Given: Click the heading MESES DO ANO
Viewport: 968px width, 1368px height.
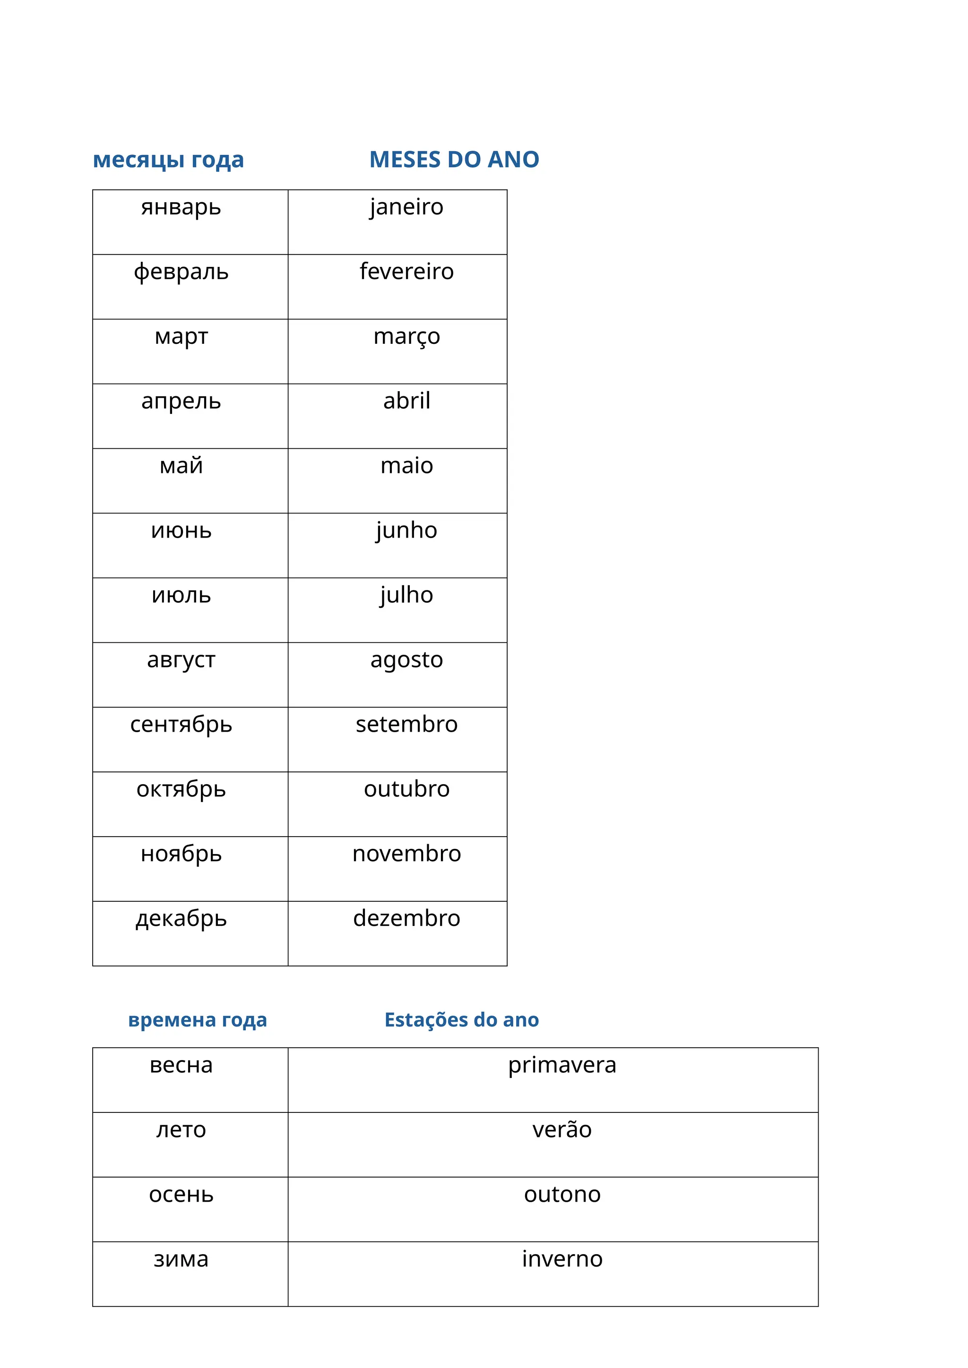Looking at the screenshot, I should tap(454, 160).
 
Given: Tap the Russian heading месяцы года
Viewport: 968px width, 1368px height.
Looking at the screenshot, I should tap(168, 160).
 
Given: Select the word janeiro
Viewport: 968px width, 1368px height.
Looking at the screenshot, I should tap(406, 207).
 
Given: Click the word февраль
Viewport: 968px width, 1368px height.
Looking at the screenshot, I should tap(181, 272).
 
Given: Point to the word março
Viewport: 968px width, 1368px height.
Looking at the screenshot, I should tap(406, 337).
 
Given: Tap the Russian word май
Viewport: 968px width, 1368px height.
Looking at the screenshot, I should tap(181, 466).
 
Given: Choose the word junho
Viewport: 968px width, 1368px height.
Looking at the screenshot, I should tap(406, 531).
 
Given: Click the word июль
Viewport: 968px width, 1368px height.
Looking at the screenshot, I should tap(181, 595).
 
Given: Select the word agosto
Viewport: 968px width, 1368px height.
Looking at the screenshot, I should tap(406, 660).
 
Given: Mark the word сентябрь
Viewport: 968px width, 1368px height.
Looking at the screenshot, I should tap(181, 725).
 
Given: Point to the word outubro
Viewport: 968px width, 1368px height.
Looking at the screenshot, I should tap(406, 789).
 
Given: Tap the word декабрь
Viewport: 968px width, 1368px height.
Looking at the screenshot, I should tap(181, 919).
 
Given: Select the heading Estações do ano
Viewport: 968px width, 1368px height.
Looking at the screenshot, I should tap(461, 1020).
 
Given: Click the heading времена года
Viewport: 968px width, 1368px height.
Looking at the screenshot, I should tap(197, 1020).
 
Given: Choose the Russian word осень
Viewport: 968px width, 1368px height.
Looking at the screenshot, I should tap(181, 1195).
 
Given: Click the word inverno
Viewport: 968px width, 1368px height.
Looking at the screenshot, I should tap(562, 1259).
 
